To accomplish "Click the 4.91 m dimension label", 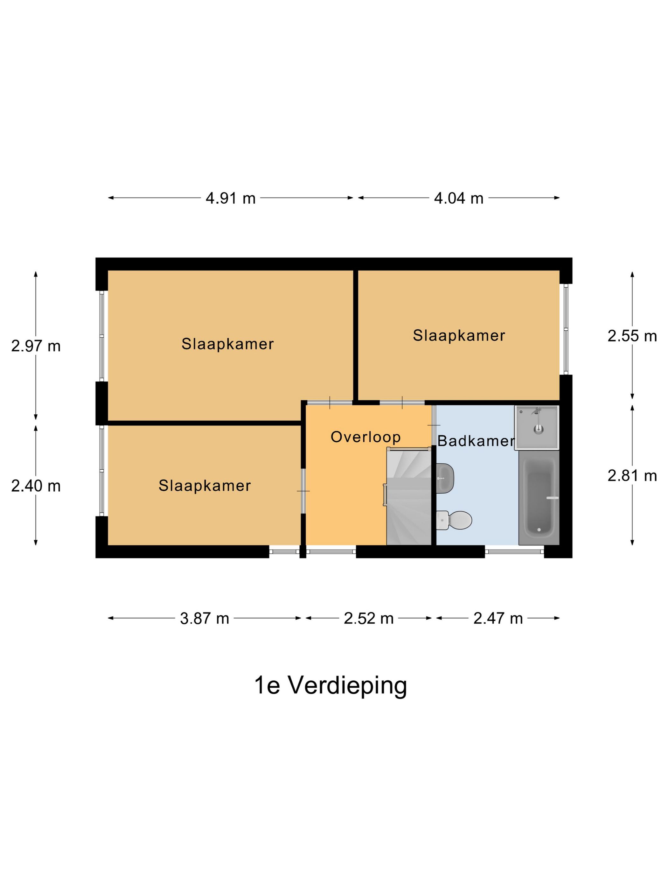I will tap(230, 198).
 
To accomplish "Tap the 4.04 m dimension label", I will tap(458, 198).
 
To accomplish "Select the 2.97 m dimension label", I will tap(36, 346).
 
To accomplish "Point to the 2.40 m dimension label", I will tap(36, 486).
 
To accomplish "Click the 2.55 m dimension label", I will tap(632, 336).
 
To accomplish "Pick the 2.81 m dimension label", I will tap(632, 476).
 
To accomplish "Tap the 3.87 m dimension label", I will tap(204, 618).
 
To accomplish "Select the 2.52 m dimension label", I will tap(368, 618).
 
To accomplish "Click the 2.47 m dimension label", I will tap(498, 618).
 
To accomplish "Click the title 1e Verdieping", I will tap(330, 685).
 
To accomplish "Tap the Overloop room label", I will tap(365, 437).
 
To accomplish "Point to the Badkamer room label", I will tap(476, 441).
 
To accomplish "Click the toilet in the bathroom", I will tap(455, 520).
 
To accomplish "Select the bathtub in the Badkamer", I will tap(539, 498).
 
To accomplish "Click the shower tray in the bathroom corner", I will tap(536, 427).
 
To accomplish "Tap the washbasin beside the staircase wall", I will tap(445, 479).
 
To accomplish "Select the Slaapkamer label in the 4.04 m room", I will tap(459, 335).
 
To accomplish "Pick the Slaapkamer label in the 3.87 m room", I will tap(204, 486).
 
